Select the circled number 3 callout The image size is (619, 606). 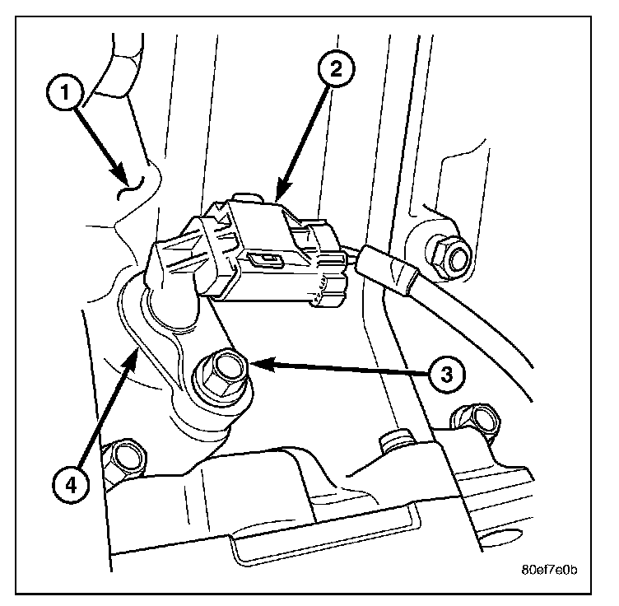(444, 375)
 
